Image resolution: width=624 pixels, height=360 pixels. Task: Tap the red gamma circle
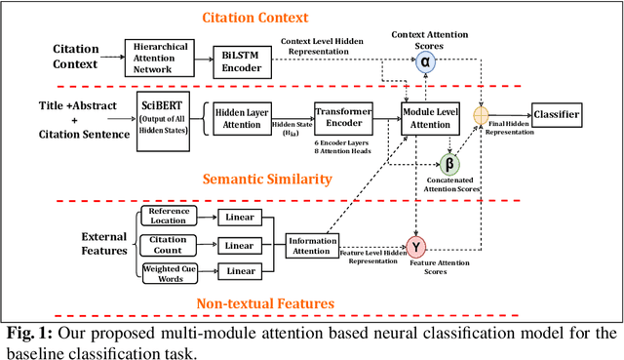(417, 245)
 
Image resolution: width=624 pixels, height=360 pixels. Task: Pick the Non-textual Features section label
(264, 302)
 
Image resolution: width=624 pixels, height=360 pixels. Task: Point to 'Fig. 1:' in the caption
(27, 333)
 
